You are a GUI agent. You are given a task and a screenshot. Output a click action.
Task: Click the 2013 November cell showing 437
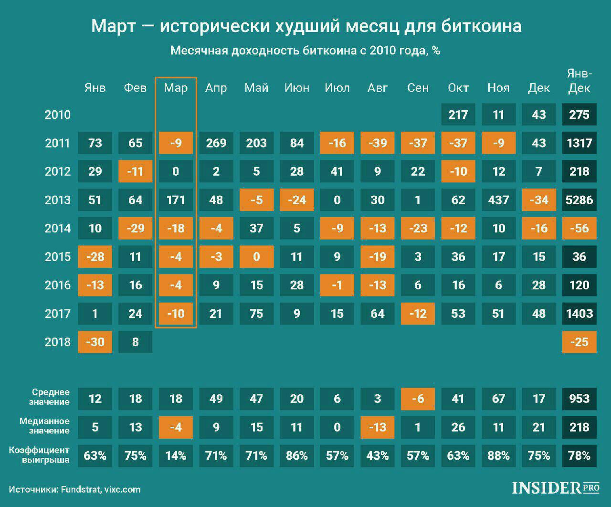[x=498, y=200]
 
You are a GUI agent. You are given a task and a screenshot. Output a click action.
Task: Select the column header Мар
[x=176, y=88]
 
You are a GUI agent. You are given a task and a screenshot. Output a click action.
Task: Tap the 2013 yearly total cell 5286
[x=579, y=200]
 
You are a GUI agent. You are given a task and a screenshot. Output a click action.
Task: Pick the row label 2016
[x=57, y=285]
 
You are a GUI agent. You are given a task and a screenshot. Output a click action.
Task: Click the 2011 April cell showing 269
[x=216, y=143]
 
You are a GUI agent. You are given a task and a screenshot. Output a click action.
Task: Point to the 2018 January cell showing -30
[x=95, y=342]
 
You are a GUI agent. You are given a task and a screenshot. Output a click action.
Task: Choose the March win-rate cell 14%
[x=176, y=455]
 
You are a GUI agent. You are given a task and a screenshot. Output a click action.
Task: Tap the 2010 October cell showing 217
[x=458, y=115]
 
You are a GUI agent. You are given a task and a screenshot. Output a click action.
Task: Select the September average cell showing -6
[x=418, y=399]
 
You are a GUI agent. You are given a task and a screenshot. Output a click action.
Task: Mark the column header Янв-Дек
[x=579, y=81]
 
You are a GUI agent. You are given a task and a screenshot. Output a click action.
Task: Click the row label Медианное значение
[x=44, y=426]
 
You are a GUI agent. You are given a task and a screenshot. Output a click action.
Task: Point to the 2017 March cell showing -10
[x=176, y=314]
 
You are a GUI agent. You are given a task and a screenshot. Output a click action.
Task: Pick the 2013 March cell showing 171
[x=176, y=200]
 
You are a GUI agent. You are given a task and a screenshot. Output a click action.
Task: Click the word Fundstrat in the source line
[x=81, y=489]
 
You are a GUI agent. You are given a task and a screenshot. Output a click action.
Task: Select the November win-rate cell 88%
[x=498, y=455]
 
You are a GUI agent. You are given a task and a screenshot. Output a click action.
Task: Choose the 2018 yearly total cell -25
[x=579, y=342]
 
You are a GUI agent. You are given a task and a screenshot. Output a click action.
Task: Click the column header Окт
[x=458, y=88]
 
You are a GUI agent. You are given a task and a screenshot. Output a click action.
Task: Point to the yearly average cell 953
[x=579, y=399]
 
